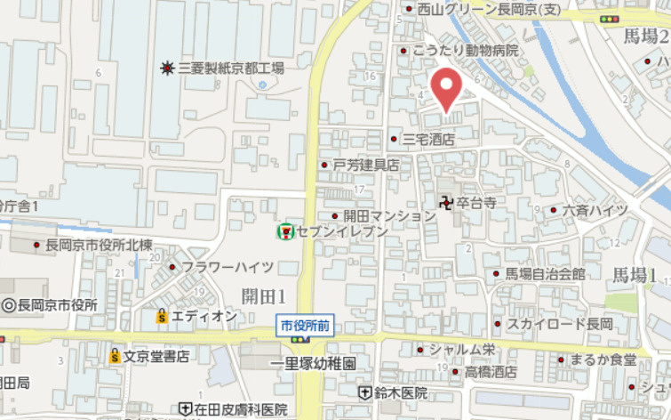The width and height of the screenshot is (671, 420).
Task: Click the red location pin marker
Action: [x=446, y=89]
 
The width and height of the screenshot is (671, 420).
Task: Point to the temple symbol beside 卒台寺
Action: [x=445, y=203]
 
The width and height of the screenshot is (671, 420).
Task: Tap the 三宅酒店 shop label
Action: [x=428, y=140]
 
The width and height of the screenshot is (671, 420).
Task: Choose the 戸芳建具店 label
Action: [x=365, y=166]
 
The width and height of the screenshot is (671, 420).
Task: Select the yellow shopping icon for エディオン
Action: [x=162, y=316]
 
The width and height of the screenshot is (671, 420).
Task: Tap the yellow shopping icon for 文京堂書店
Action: [x=115, y=357]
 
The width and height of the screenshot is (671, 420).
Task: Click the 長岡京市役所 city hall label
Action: [x=56, y=305]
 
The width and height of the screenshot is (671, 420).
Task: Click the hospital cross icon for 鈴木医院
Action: [x=364, y=392]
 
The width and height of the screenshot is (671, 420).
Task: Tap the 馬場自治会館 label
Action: [x=545, y=273]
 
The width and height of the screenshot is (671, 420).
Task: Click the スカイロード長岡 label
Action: [x=560, y=323]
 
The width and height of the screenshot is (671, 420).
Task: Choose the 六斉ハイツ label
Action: [x=595, y=210]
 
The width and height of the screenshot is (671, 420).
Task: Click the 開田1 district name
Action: [x=262, y=295]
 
